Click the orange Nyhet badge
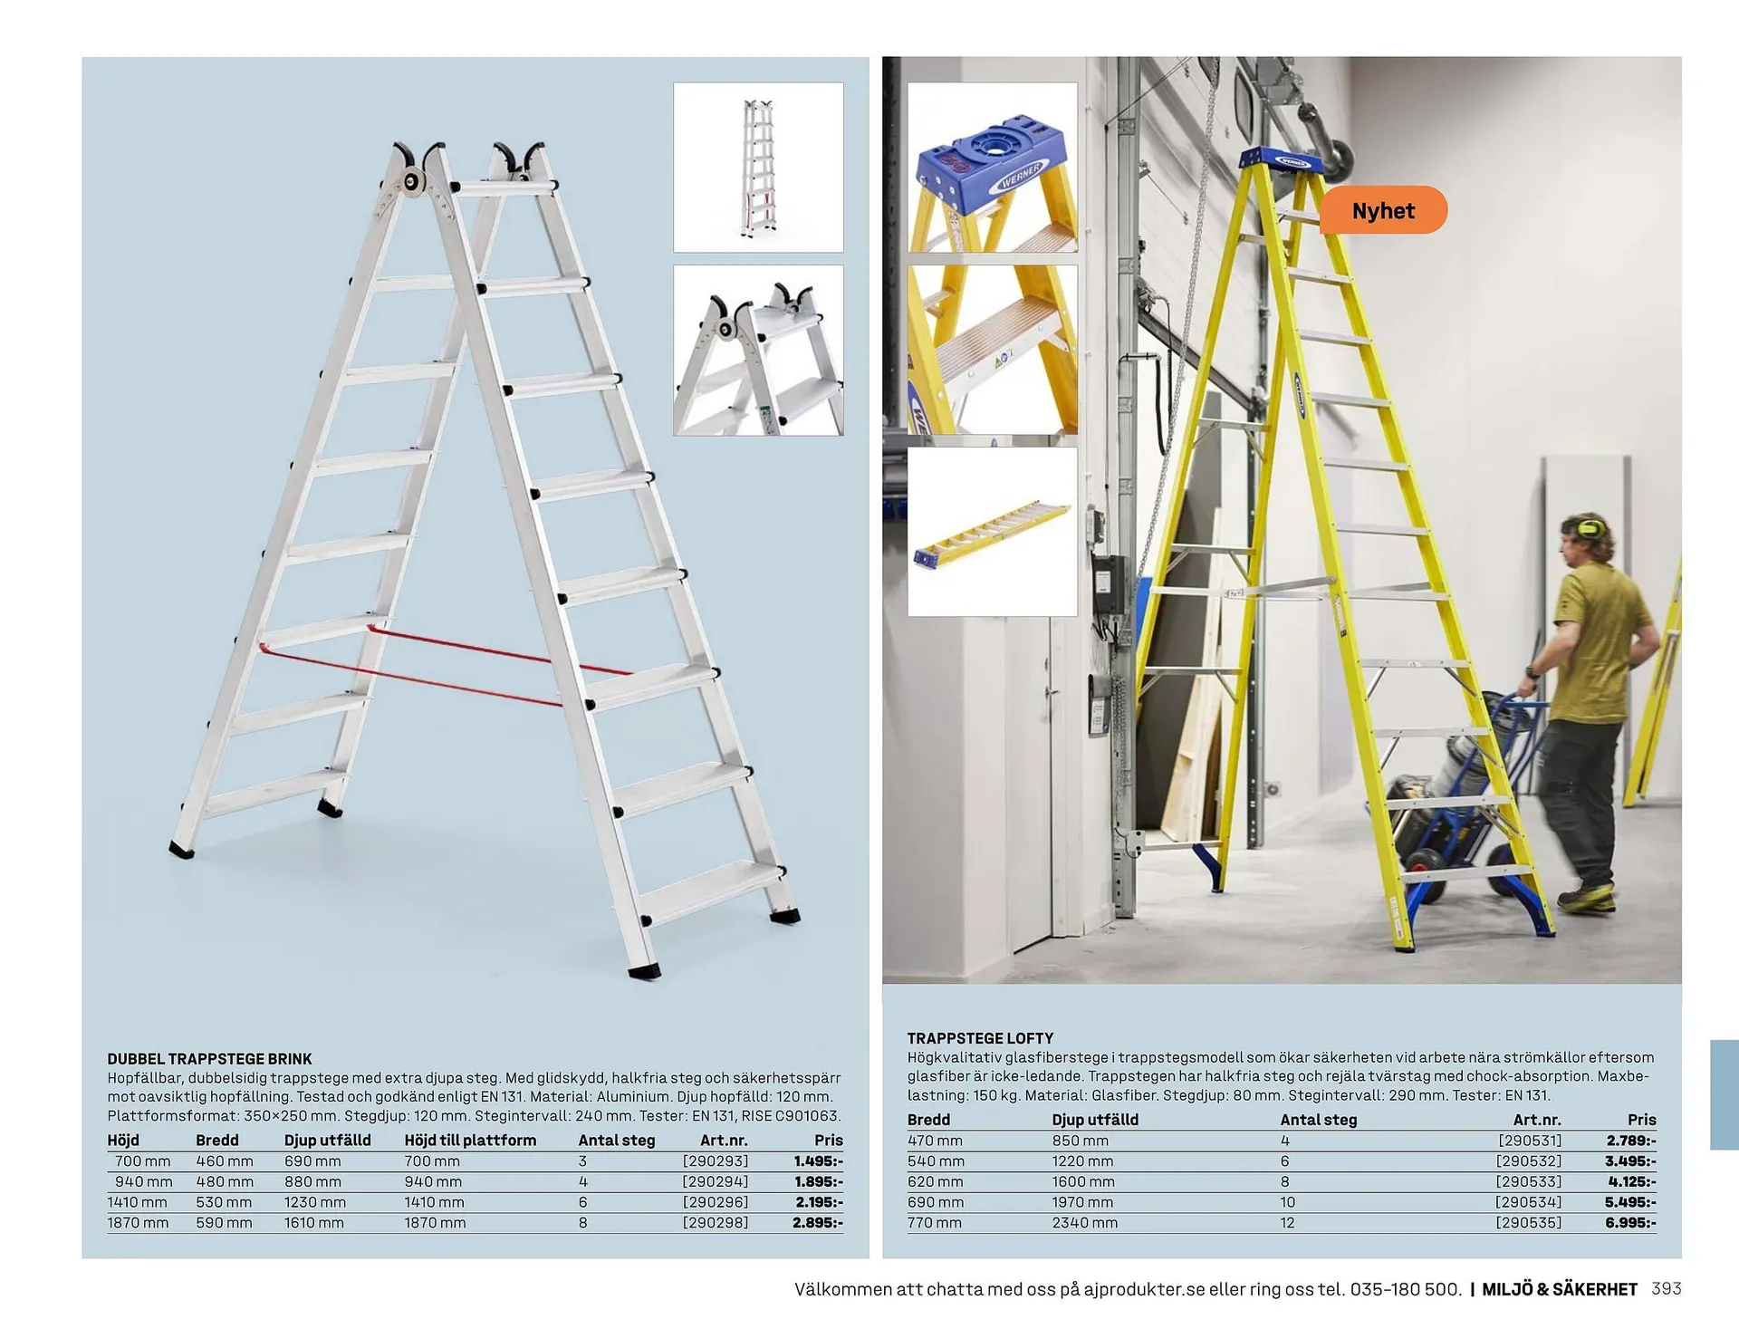click(1383, 211)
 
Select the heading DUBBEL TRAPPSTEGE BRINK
click(209, 1058)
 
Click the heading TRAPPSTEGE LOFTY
click(980, 1038)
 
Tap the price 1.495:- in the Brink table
click(818, 1161)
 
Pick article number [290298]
click(716, 1223)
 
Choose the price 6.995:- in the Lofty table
click(1630, 1223)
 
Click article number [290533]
click(1529, 1182)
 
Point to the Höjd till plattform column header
click(470, 1141)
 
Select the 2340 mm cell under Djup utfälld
click(1084, 1223)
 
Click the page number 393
click(1667, 1289)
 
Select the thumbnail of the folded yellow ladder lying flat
click(993, 532)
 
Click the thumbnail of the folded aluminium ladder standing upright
click(758, 168)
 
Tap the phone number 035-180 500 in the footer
click(1405, 1289)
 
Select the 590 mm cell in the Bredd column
click(224, 1223)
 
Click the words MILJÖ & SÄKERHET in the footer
click(1559, 1289)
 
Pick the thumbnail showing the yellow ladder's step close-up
click(993, 350)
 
